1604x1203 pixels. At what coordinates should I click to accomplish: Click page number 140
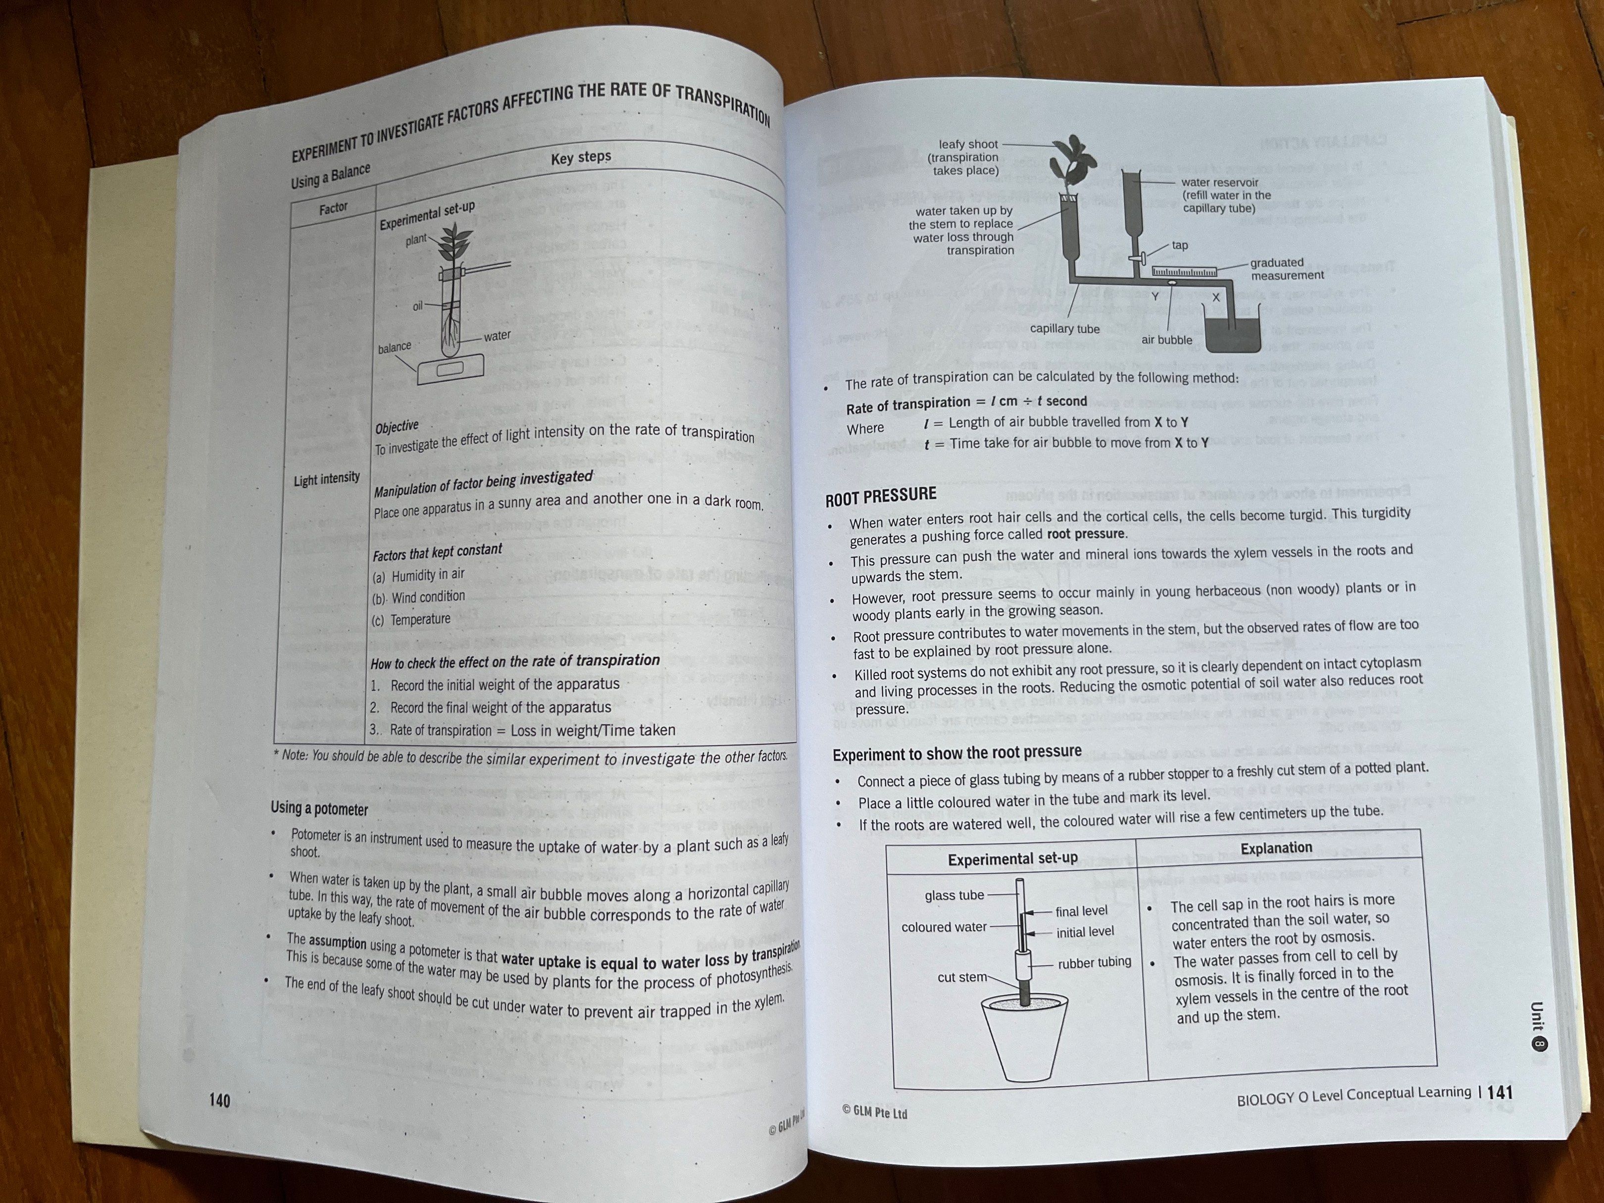point(219,1100)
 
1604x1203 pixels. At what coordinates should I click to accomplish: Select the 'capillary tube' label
point(1064,329)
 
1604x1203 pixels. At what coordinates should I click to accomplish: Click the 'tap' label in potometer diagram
point(1180,245)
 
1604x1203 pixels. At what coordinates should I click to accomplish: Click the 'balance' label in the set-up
point(395,348)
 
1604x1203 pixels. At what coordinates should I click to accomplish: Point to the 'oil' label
point(418,306)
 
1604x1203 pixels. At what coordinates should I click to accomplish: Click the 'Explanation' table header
point(1276,848)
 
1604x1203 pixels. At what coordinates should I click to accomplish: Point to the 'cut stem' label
point(961,977)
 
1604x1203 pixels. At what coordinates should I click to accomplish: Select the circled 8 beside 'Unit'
point(1539,1044)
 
